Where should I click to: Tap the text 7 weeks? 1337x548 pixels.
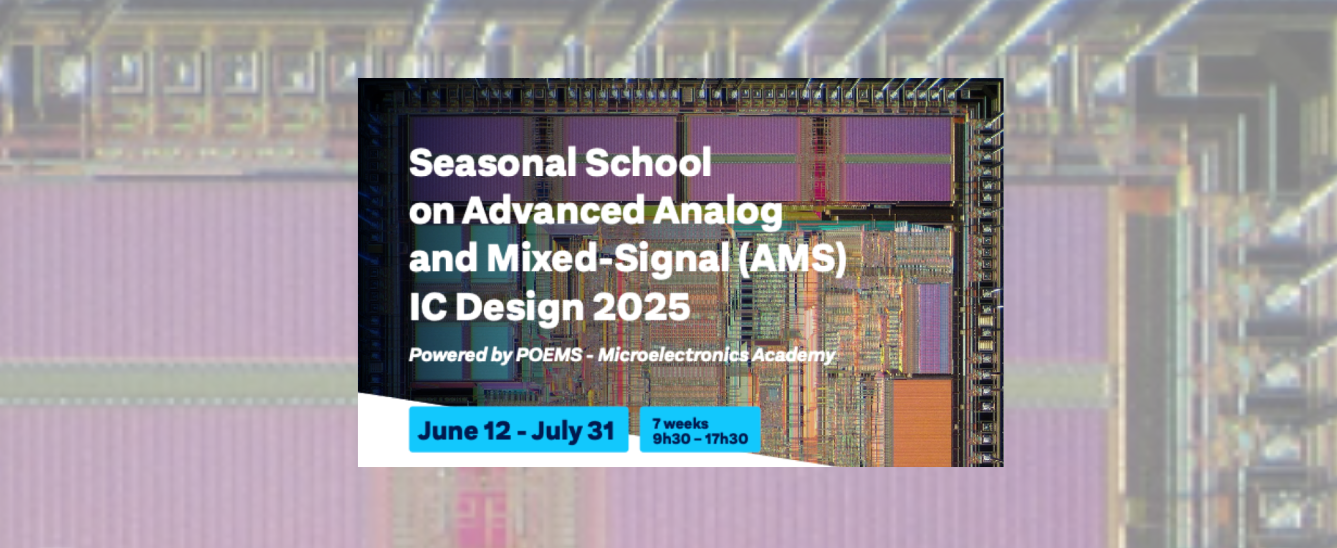pyautogui.click(x=680, y=423)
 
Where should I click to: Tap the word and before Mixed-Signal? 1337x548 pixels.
pyautogui.click(x=443, y=258)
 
